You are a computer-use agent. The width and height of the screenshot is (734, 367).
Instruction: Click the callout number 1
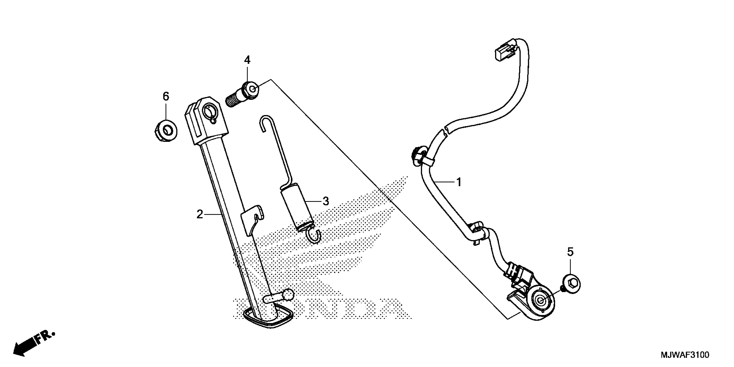pos(459,182)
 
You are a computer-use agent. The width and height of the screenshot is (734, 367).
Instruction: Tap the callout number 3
pos(326,201)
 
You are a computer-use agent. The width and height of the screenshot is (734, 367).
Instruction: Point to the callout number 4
pos(247,60)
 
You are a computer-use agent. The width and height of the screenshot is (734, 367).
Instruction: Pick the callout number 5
pos(570,252)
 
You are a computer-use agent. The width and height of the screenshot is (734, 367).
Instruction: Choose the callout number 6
pos(166,96)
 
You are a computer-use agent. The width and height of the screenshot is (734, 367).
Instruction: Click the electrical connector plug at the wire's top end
pos(504,52)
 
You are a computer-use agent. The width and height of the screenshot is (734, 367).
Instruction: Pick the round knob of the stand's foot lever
pos(288,294)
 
